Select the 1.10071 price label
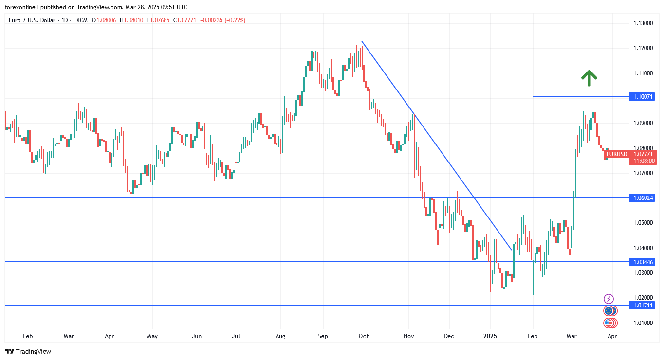click(x=642, y=97)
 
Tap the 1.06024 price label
click(x=642, y=198)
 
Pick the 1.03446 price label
click(x=642, y=262)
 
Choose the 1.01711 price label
click(x=642, y=305)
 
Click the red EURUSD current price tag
click(x=617, y=154)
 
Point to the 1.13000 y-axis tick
click(x=643, y=23)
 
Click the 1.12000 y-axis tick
click(x=643, y=48)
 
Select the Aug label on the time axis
click(x=280, y=336)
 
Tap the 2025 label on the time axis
click(x=490, y=336)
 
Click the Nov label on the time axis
click(x=409, y=336)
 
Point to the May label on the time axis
click(x=152, y=336)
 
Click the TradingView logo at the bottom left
click(x=28, y=351)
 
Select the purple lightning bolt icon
click(x=609, y=299)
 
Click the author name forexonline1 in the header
click(x=23, y=7)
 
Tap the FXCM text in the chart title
click(x=79, y=20)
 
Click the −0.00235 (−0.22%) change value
click(x=222, y=20)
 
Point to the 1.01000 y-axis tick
click(x=643, y=323)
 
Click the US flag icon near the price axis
click(x=609, y=323)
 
